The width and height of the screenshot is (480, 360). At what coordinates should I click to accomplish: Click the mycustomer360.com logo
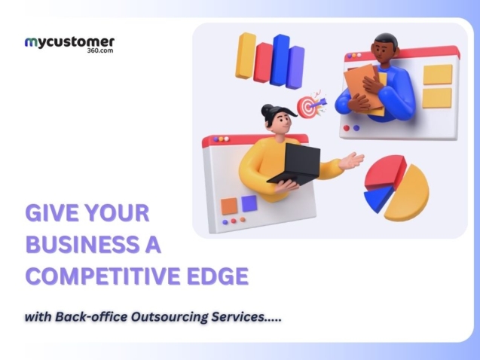[69, 44]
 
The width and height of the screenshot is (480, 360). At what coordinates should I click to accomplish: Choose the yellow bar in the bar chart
[245, 56]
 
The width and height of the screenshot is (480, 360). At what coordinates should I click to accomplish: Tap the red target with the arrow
[307, 107]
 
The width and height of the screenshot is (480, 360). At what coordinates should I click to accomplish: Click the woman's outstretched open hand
[353, 160]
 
